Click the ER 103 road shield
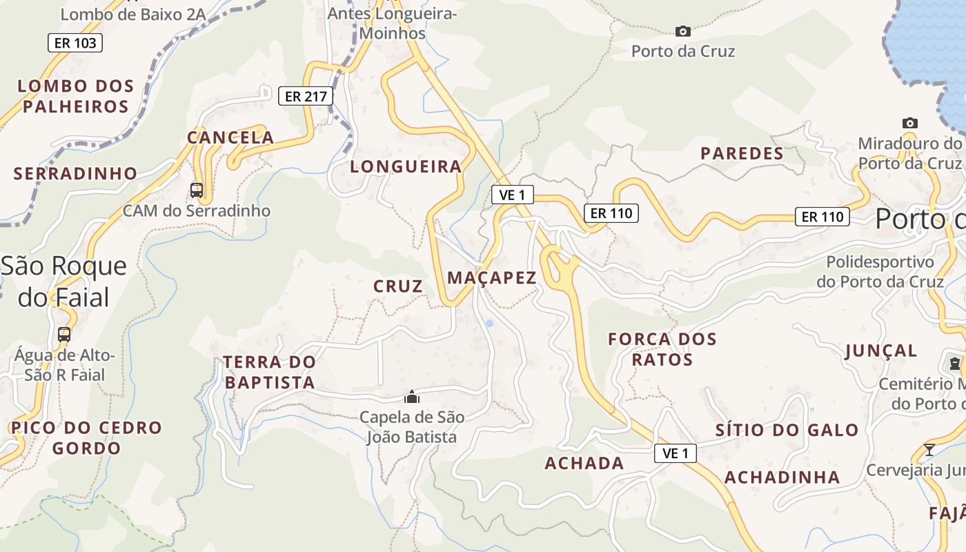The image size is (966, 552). point(75,43)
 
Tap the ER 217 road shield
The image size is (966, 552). point(306,96)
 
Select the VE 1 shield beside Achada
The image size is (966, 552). point(676,453)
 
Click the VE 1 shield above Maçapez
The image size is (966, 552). point(512,195)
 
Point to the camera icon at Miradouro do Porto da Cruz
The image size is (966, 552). point(910,124)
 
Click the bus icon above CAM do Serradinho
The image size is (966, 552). point(197,190)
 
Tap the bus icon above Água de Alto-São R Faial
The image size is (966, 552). point(64,335)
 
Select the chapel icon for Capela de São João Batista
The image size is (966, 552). point(412,397)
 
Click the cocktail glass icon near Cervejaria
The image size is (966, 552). point(929,450)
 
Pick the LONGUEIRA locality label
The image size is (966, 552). point(406,166)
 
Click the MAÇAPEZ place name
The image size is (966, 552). point(492,278)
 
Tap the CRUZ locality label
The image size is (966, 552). point(398,286)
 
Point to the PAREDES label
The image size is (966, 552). point(742,153)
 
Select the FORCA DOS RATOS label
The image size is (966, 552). point(662,349)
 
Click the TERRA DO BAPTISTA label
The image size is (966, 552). point(270,372)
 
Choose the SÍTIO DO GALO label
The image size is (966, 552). point(787,431)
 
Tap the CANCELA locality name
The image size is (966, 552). point(230,137)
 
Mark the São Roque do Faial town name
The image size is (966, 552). point(63,282)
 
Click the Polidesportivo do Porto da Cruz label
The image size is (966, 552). point(880,272)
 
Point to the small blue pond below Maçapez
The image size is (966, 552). point(489,323)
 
